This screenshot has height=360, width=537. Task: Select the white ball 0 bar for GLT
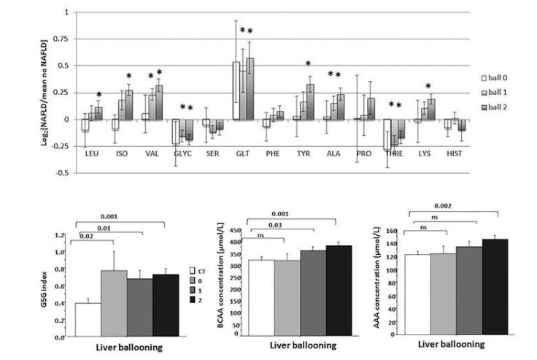(236, 91)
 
